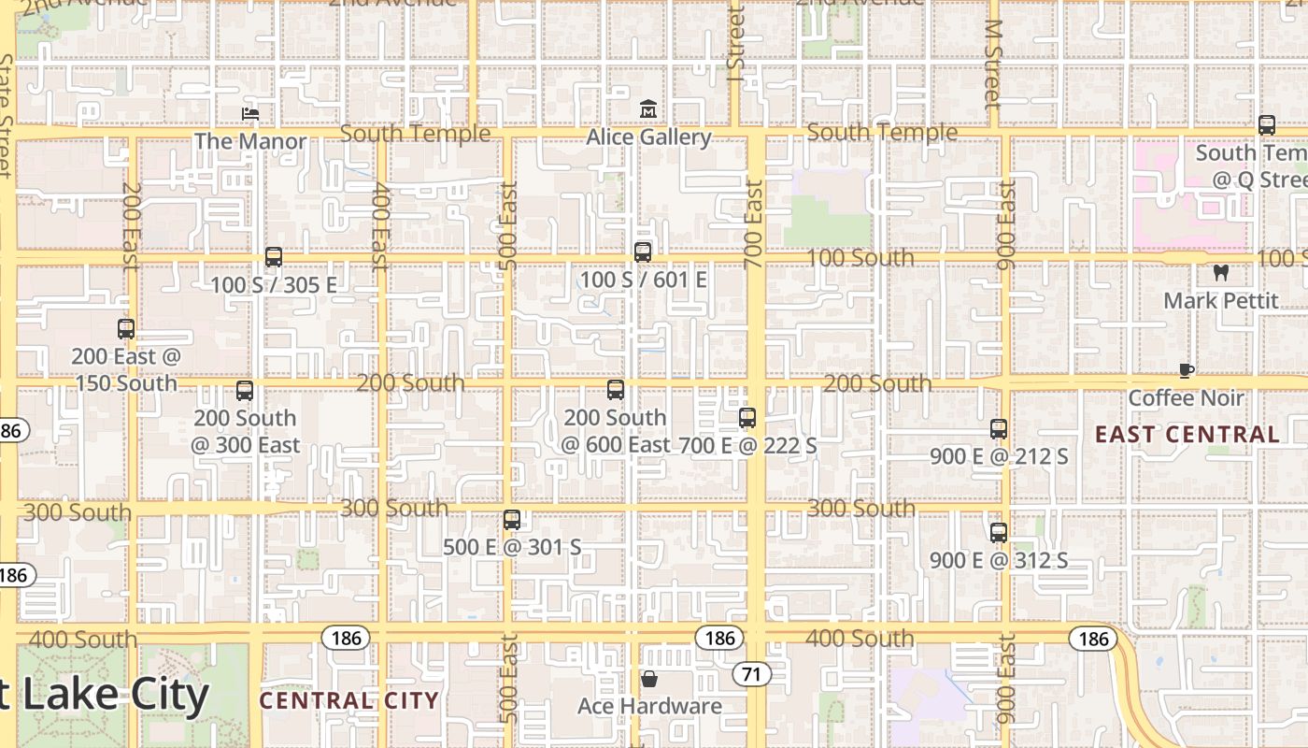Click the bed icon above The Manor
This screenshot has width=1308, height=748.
[x=249, y=114]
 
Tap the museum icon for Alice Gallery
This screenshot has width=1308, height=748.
[x=647, y=109]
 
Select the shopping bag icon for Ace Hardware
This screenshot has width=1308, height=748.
[x=648, y=678]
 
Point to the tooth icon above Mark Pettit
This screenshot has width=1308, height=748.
[x=1220, y=273]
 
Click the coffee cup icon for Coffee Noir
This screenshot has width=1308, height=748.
[x=1186, y=370]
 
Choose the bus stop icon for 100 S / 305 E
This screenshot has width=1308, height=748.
[x=274, y=257]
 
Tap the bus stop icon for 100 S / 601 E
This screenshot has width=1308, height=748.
[x=643, y=252]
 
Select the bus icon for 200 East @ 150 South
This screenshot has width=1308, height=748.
[x=126, y=329]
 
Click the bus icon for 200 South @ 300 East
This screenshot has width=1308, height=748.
[x=245, y=391]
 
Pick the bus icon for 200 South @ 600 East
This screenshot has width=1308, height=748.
[x=616, y=390]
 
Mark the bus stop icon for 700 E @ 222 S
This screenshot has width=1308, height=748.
[x=747, y=418]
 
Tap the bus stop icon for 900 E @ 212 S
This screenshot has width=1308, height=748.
[x=999, y=429]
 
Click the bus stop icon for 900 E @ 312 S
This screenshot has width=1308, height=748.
[x=999, y=533]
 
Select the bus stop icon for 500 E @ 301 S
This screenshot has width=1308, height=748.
[x=512, y=520]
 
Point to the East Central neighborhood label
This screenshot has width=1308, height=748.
[x=1187, y=434]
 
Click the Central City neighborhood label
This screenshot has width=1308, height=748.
[x=348, y=700]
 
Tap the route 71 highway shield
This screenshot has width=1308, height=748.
[x=751, y=673]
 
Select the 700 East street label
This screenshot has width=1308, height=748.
[x=755, y=224]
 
